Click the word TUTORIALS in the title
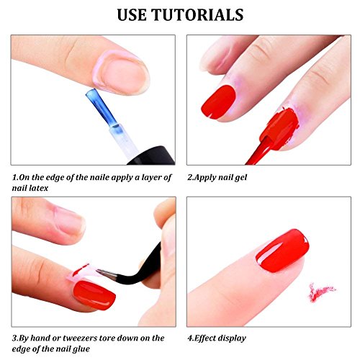coord(198,15)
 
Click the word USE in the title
coord(132,15)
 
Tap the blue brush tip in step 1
coord(102,108)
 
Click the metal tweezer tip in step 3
coord(106,274)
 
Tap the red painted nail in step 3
coord(94,295)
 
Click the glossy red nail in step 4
coord(282,251)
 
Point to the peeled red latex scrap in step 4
coord(321,291)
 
